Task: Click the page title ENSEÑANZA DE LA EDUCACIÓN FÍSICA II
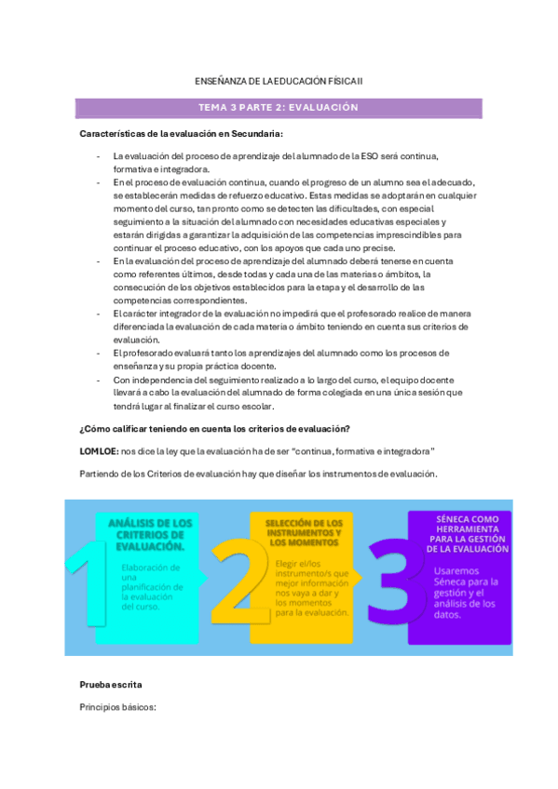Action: pos(278,82)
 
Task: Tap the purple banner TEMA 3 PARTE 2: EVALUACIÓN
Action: pos(278,108)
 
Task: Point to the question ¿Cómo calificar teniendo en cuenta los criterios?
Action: pos(215,428)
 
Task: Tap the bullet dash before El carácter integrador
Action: pos(99,314)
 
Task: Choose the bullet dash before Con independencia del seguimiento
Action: pos(99,380)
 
